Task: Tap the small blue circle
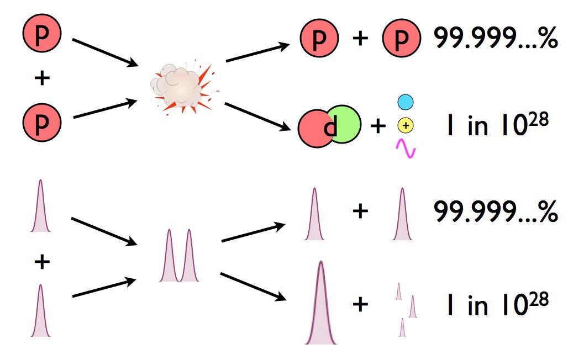[406, 102]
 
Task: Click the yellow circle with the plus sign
[406, 126]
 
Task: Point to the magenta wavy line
[406, 148]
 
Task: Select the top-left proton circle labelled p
[41, 33]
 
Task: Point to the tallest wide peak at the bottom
[320, 306]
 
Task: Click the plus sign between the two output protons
[360, 39]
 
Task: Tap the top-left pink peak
[40, 207]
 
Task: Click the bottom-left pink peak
[40, 312]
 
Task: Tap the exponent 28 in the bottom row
[539, 298]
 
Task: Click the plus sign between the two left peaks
[41, 262]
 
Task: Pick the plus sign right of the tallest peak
[360, 304]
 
